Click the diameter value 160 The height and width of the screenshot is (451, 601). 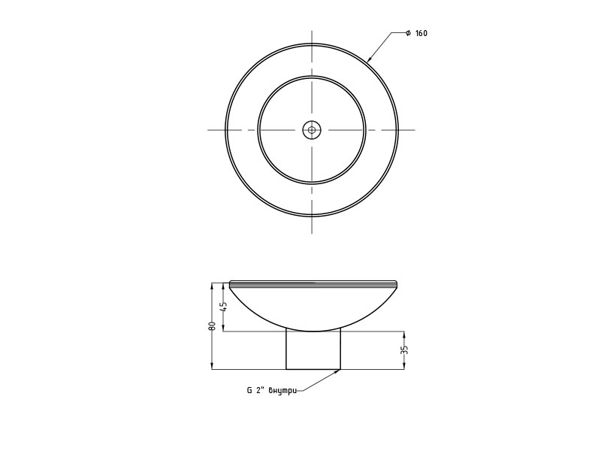pyautogui.click(x=421, y=33)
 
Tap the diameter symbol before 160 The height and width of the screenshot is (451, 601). pyautogui.click(x=409, y=33)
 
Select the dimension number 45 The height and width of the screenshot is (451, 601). pyautogui.click(x=225, y=306)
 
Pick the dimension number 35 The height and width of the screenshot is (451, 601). pyautogui.click(x=405, y=350)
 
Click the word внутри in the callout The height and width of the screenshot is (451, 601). pyautogui.click(x=282, y=391)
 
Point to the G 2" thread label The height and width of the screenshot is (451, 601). pyautogui.click(x=255, y=391)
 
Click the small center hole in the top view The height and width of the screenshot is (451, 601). pyautogui.click(x=312, y=130)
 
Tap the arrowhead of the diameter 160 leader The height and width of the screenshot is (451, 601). pyautogui.click(x=369, y=59)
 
